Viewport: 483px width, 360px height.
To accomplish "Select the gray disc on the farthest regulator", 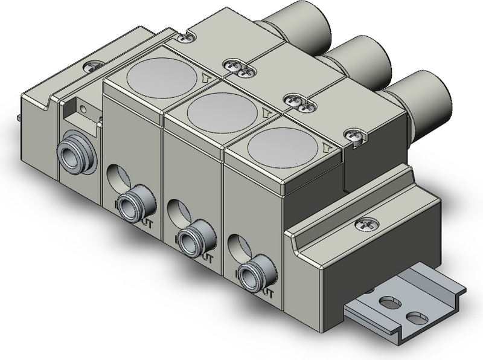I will click(x=162, y=79).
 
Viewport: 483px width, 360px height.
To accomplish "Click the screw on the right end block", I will click(x=364, y=225).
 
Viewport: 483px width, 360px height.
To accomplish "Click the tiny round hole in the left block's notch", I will click(x=84, y=109).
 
